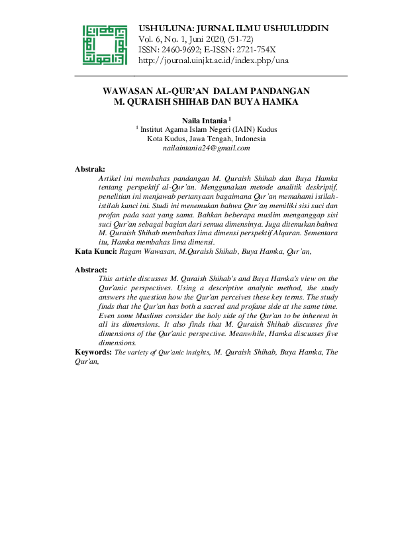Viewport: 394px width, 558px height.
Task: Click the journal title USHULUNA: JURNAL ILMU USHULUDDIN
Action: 233,28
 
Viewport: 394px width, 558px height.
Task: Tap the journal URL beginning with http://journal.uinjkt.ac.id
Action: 213,60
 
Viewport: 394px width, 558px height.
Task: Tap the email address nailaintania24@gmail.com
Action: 206,148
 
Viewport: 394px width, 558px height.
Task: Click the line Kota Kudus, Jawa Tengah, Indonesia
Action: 206,139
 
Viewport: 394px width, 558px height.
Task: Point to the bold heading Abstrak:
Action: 91,170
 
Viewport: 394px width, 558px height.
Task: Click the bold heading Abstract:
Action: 91,270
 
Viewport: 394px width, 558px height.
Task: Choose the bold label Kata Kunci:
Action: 97,252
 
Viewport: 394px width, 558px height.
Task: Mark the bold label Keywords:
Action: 93,353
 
